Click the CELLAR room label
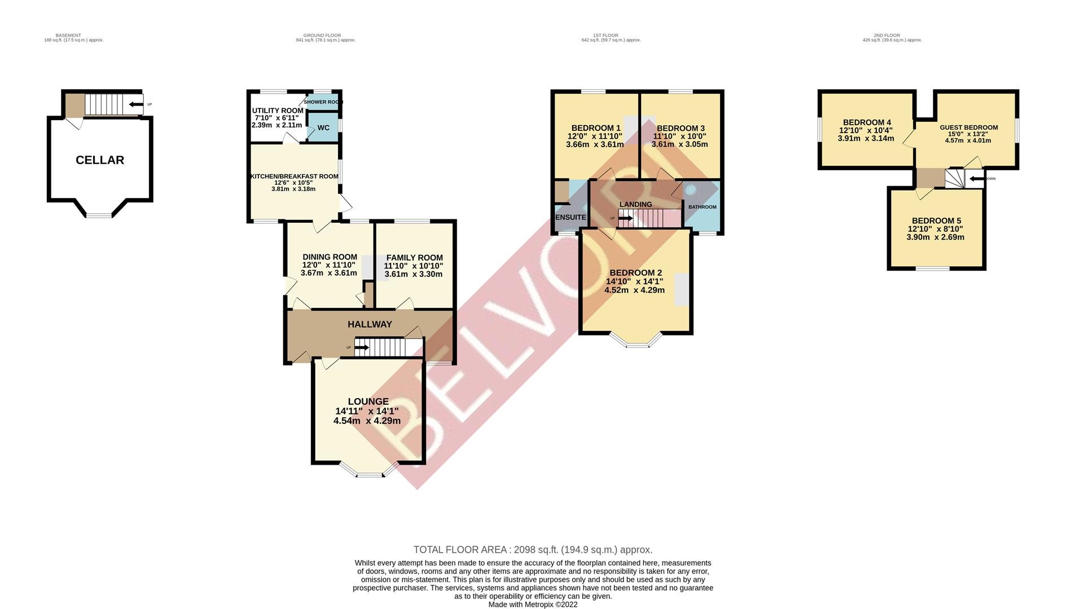pyautogui.click(x=100, y=160)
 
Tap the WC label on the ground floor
pyautogui.click(x=323, y=128)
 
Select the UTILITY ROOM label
pyautogui.click(x=277, y=111)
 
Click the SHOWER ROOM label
pyautogui.click(x=323, y=102)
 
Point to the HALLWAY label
pyautogui.click(x=370, y=324)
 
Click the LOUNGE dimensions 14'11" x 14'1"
pyautogui.click(x=367, y=412)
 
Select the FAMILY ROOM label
pyautogui.click(x=414, y=258)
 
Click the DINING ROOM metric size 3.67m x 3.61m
pyautogui.click(x=329, y=273)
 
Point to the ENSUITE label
pyautogui.click(x=571, y=217)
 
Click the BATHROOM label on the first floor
pyautogui.click(x=702, y=207)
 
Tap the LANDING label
pyautogui.click(x=635, y=204)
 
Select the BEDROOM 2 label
pyautogui.click(x=635, y=273)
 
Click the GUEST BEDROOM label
pyautogui.click(x=968, y=127)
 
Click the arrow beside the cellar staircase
pyautogui.click(x=135, y=104)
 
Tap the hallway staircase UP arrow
pyautogui.click(x=361, y=347)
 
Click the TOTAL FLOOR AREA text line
pyautogui.click(x=533, y=550)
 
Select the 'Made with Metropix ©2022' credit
pyautogui.click(x=533, y=604)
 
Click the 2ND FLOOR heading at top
pyautogui.click(x=892, y=36)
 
